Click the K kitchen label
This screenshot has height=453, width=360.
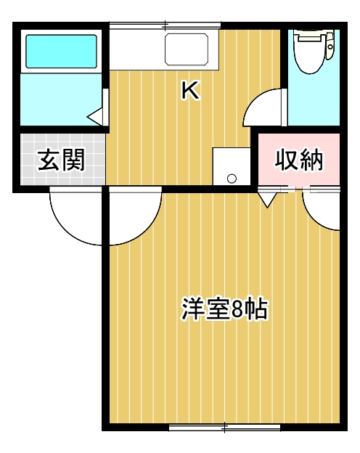pyautogui.click(x=190, y=90)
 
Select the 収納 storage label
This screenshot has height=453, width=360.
pyautogui.click(x=298, y=160)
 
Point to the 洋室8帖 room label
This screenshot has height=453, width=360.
pyautogui.click(x=224, y=309)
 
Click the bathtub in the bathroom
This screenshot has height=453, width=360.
pyautogui.click(x=61, y=51)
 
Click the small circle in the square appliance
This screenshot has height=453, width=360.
pyautogui.click(x=232, y=177)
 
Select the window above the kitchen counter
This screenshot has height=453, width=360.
pyautogui.click(x=163, y=26)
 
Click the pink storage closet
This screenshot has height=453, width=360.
pyautogui.click(x=298, y=160)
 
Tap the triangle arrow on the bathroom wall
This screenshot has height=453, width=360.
pyautogui.click(x=95, y=115)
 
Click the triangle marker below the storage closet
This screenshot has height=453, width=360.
pyautogui.click(x=266, y=198)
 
